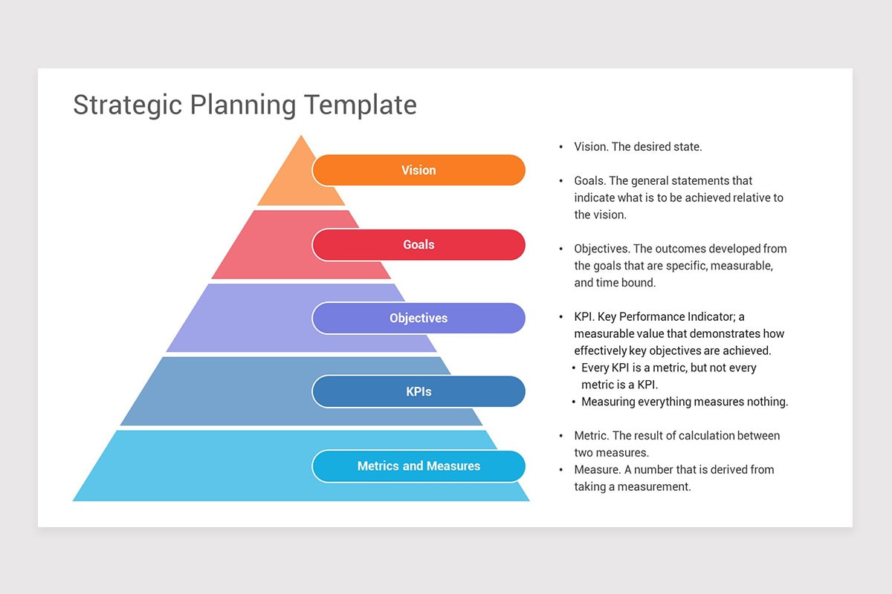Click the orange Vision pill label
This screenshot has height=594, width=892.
(x=418, y=170)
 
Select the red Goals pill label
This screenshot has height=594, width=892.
(x=418, y=244)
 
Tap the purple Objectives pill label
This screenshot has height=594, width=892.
(x=418, y=318)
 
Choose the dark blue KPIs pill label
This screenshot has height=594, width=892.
(x=418, y=391)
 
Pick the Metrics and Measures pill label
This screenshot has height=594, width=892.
(x=418, y=466)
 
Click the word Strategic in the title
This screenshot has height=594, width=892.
(x=127, y=105)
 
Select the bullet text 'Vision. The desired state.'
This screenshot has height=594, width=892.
(x=638, y=147)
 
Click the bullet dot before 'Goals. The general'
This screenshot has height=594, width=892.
(x=560, y=181)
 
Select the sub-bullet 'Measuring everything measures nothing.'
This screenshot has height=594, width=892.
(x=685, y=402)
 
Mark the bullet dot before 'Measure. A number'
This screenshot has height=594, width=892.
(x=560, y=470)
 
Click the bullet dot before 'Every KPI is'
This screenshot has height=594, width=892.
(x=574, y=368)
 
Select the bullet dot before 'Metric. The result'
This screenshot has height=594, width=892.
(x=560, y=436)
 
